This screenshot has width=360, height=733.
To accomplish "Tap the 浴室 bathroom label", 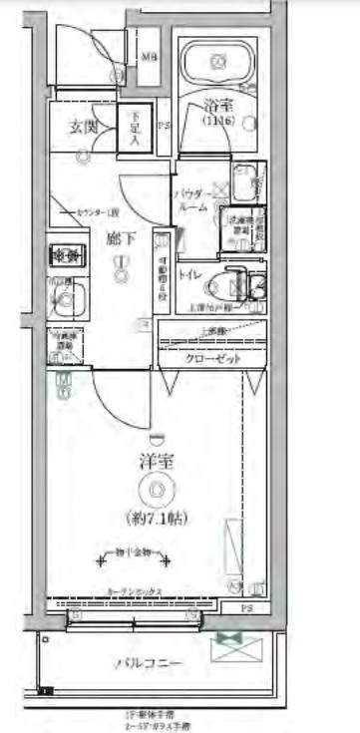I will click(218, 105).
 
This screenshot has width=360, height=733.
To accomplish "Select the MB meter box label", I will click(151, 58).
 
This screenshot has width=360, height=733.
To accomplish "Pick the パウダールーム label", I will click(189, 198).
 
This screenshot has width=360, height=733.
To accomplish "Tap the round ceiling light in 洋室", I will click(157, 487).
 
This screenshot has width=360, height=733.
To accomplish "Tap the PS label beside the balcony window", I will click(247, 608).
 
